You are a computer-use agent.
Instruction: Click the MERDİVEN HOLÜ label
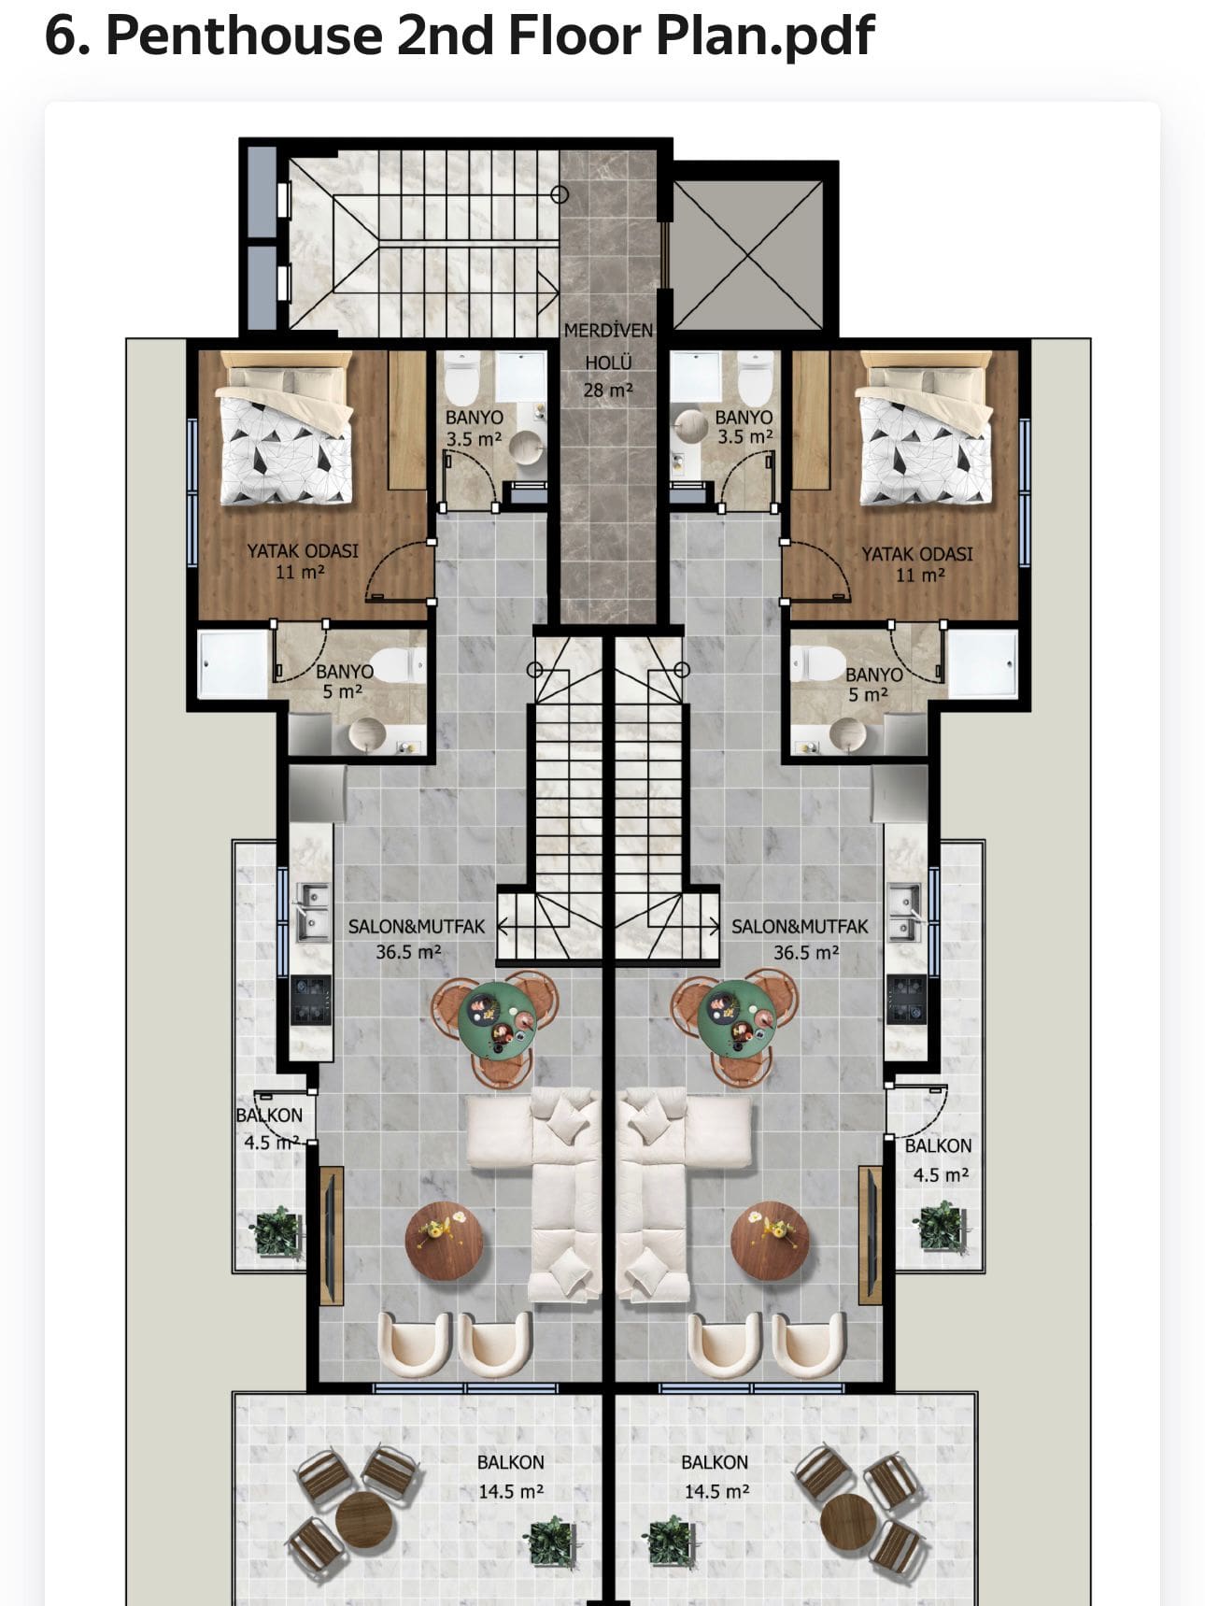pyautogui.click(x=608, y=346)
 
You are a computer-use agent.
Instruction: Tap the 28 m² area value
pyautogui.click(x=608, y=390)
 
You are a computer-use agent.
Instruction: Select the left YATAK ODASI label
pyautogui.click(x=302, y=551)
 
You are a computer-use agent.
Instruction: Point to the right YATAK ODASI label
pyautogui.click(x=916, y=554)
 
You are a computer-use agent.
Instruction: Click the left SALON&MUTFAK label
pyautogui.click(x=417, y=927)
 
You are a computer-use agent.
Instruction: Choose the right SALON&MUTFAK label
pyautogui.click(x=800, y=927)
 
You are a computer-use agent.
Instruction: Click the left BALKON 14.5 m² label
pyautogui.click(x=511, y=1477)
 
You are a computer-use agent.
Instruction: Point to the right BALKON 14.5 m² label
pyautogui.click(x=716, y=1477)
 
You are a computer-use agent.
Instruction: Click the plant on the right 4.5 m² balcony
pyautogui.click(x=941, y=1228)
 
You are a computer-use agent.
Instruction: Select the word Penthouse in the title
pyautogui.click(x=244, y=36)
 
